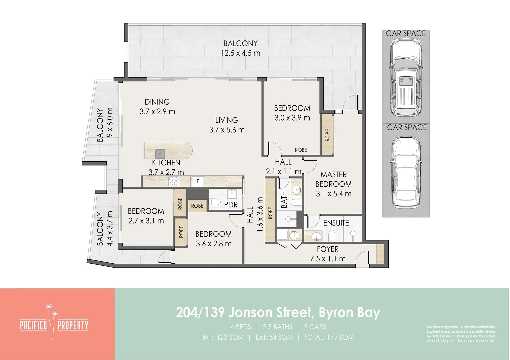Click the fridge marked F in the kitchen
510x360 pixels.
pos(198,181)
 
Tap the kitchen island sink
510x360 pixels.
pos(159,153)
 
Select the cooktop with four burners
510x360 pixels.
pos(174,181)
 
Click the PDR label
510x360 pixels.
pos(231,204)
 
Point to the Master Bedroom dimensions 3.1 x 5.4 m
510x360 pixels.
pos(333,194)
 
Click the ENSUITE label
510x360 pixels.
pos(336,223)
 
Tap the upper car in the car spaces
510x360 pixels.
pos(405,77)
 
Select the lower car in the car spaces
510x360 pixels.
pos(405,172)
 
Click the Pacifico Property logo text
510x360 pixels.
pos(54,325)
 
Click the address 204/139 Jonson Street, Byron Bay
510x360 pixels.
pos(278,313)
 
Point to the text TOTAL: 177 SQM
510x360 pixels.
pos(329,337)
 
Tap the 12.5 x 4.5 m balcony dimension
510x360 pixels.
pos(240,53)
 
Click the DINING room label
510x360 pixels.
pos(157,102)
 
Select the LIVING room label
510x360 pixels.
pos(226,120)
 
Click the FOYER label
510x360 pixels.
pos(328,249)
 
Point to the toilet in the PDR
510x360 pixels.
pos(214,202)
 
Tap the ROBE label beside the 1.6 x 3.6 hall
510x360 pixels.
pos(270,213)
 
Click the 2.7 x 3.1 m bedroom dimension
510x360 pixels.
pos(146,221)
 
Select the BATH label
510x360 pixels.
pos(284,200)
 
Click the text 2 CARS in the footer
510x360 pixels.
pos(315,327)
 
